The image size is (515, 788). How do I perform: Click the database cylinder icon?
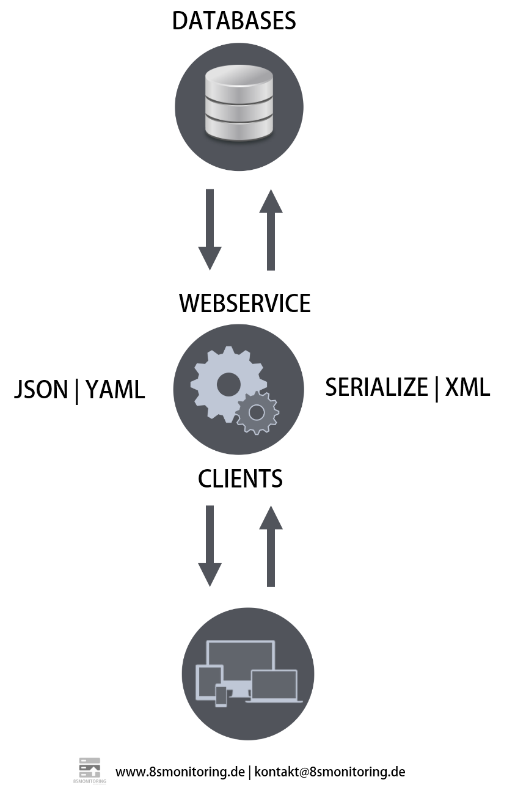(239, 103)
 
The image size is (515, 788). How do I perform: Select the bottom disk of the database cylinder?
(239, 130)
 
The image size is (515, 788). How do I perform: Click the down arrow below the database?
(210, 228)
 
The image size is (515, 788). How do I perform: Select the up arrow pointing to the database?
(271, 230)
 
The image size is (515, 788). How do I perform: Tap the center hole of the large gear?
(228, 384)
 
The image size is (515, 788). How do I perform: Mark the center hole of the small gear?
(257, 414)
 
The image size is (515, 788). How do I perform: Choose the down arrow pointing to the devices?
(210, 545)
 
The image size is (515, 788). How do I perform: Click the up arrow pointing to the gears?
(271, 545)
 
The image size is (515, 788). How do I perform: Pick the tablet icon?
(208, 680)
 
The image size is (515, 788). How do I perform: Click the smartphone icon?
(221, 696)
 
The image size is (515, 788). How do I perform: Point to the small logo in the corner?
(90, 770)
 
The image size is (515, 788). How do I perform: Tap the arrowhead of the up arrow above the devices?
(271, 518)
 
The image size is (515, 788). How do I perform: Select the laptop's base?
(274, 701)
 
